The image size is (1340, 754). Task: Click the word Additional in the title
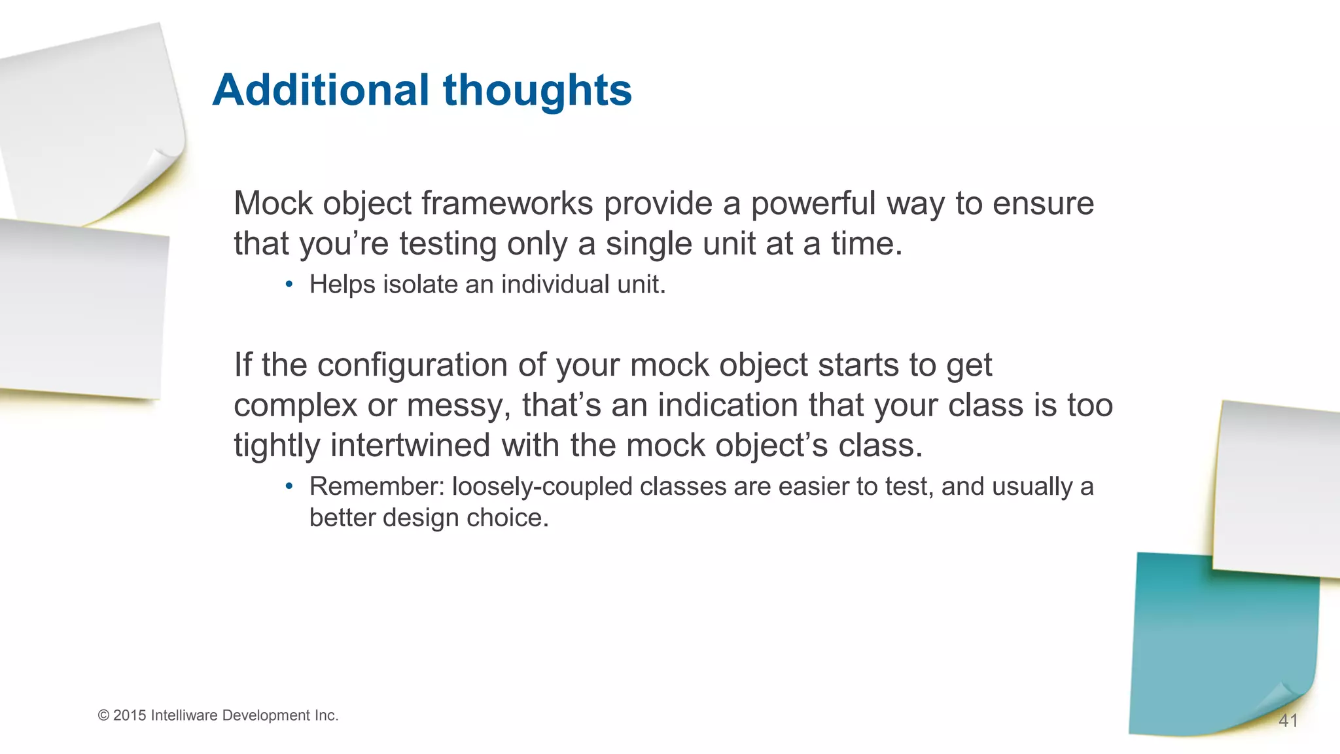pos(321,90)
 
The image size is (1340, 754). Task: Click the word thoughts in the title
pos(538,91)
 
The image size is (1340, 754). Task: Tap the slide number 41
pos(1288,721)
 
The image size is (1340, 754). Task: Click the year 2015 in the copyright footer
pos(130,715)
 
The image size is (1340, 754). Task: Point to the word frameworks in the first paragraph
pos(507,204)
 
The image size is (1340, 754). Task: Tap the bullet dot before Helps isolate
pos(289,285)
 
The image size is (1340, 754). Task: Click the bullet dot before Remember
pos(289,486)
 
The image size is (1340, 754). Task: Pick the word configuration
pos(413,365)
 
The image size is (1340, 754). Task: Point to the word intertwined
pos(410,445)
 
